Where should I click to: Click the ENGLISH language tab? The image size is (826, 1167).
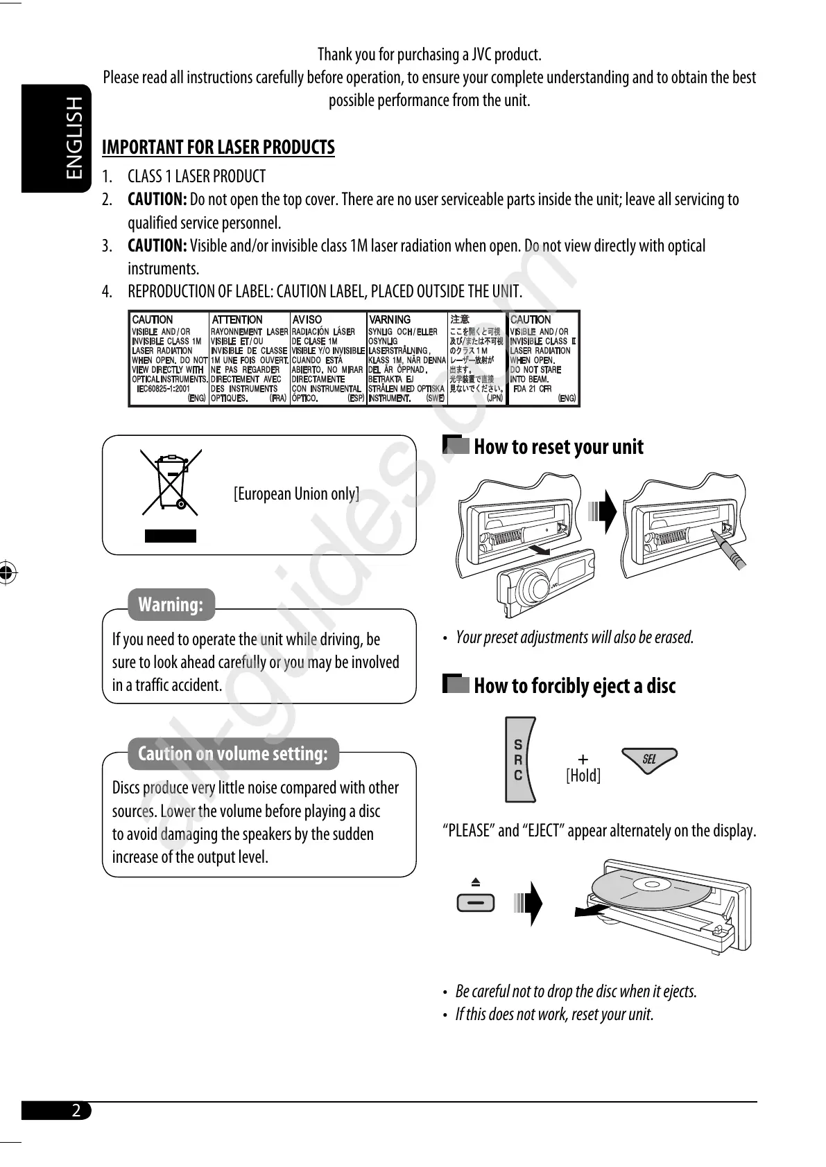(56, 139)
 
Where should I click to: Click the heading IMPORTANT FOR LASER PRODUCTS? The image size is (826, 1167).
(218, 147)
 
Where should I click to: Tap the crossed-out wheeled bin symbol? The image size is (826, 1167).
(171, 484)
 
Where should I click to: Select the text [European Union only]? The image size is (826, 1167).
(296, 493)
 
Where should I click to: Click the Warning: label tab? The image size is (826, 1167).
(171, 604)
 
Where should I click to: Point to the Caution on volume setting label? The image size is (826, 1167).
(233, 753)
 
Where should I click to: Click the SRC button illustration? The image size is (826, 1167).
(519, 760)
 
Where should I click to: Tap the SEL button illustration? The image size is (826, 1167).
(648, 760)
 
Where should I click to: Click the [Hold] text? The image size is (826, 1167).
(583, 775)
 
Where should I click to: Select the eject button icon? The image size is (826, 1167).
(476, 902)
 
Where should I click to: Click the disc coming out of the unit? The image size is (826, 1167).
(642, 890)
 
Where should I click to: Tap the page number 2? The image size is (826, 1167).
(76, 1110)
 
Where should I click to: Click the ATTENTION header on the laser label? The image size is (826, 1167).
(237, 319)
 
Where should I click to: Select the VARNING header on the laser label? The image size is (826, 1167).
(390, 319)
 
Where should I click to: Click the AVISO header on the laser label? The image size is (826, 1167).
(307, 319)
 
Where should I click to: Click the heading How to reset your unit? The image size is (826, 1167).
(558, 447)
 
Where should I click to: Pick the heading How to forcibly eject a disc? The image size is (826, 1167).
(574, 685)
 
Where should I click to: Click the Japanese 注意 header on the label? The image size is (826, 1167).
(460, 319)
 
